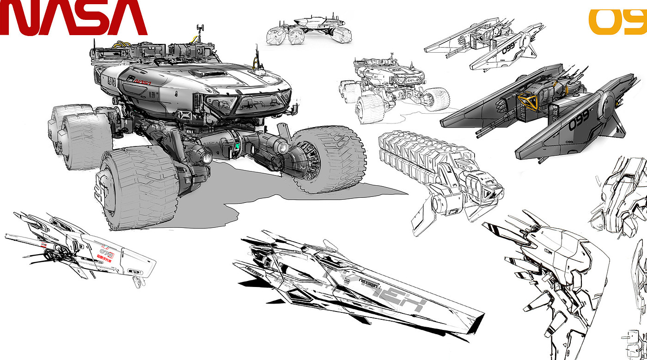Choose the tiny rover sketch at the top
(x=309, y=31)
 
